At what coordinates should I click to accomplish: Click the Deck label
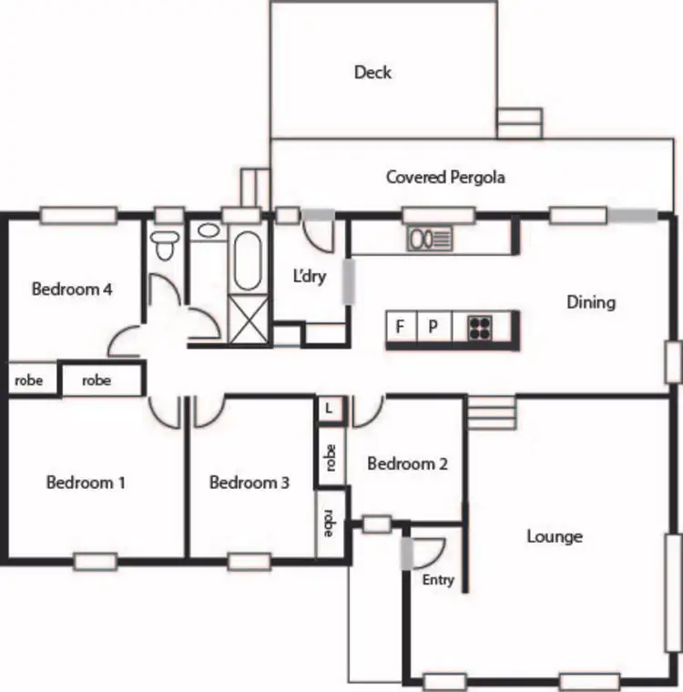pyautogui.click(x=372, y=72)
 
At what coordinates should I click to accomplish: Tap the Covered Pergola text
pyautogui.click(x=444, y=177)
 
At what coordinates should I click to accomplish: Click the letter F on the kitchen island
pyautogui.click(x=400, y=327)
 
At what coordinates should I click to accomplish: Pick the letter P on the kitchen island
pyautogui.click(x=433, y=327)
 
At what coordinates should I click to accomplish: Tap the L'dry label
pyautogui.click(x=309, y=277)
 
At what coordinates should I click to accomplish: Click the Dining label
pyautogui.click(x=590, y=301)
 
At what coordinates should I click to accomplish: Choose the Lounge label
pyautogui.click(x=554, y=536)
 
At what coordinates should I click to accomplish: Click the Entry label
pyautogui.click(x=438, y=579)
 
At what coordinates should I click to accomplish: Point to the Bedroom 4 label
pyautogui.click(x=71, y=290)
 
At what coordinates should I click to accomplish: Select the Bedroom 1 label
pyautogui.click(x=86, y=482)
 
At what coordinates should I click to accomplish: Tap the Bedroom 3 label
pyautogui.click(x=249, y=482)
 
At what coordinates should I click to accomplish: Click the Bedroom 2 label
pyautogui.click(x=407, y=463)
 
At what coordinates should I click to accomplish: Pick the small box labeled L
pyautogui.click(x=329, y=409)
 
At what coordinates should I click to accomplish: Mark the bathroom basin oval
pyautogui.click(x=209, y=230)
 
